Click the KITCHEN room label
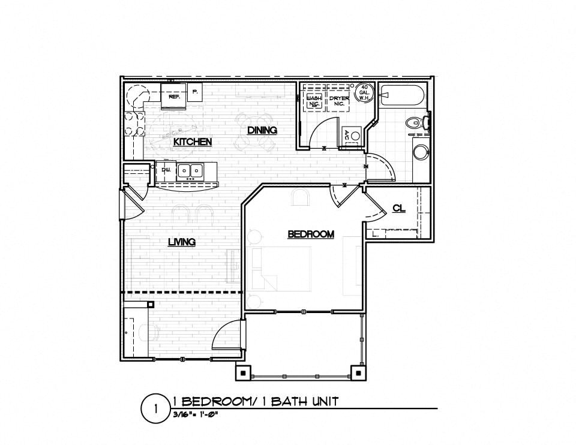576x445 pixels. click(x=192, y=142)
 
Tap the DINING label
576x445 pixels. click(x=262, y=130)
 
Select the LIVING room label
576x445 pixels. click(x=181, y=242)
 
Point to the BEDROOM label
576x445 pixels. click(x=310, y=234)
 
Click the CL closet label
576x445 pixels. click(x=398, y=208)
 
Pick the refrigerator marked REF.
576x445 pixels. click(x=175, y=97)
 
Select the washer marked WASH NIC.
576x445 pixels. click(x=314, y=100)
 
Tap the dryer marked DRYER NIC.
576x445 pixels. click(x=335, y=100)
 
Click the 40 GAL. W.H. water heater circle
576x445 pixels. click(x=364, y=94)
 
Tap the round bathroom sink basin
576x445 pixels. click(x=421, y=152)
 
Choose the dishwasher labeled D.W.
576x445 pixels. click(x=166, y=170)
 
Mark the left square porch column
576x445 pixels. click(x=242, y=372)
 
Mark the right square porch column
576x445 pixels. click(x=358, y=372)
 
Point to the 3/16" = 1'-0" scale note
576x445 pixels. click(x=194, y=414)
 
